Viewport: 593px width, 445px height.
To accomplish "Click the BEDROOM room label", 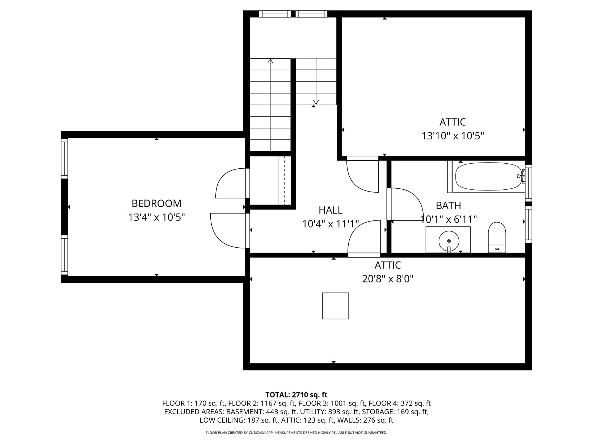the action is coord(156,203).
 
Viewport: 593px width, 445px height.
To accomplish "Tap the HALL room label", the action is coord(331,210).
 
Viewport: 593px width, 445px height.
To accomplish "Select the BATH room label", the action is coord(448,206).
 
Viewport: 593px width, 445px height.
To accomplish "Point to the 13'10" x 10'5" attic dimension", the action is coord(453,136).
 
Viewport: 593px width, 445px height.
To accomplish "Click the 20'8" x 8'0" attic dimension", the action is coord(388,278).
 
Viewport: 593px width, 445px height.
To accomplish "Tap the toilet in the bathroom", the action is coord(497,237).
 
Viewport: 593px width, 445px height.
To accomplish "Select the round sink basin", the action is coord(449,241).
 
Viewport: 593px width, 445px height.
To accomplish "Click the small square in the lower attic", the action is coord(335,306).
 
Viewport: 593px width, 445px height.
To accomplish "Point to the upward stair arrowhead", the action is coord(270,61).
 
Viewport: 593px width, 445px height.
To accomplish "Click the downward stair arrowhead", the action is coord(316,102).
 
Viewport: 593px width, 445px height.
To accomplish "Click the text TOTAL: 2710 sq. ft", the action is coord(296,395).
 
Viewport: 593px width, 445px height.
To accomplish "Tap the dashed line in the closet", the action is coord(285,180).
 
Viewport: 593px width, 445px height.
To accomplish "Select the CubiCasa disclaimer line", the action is coord(296,433).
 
